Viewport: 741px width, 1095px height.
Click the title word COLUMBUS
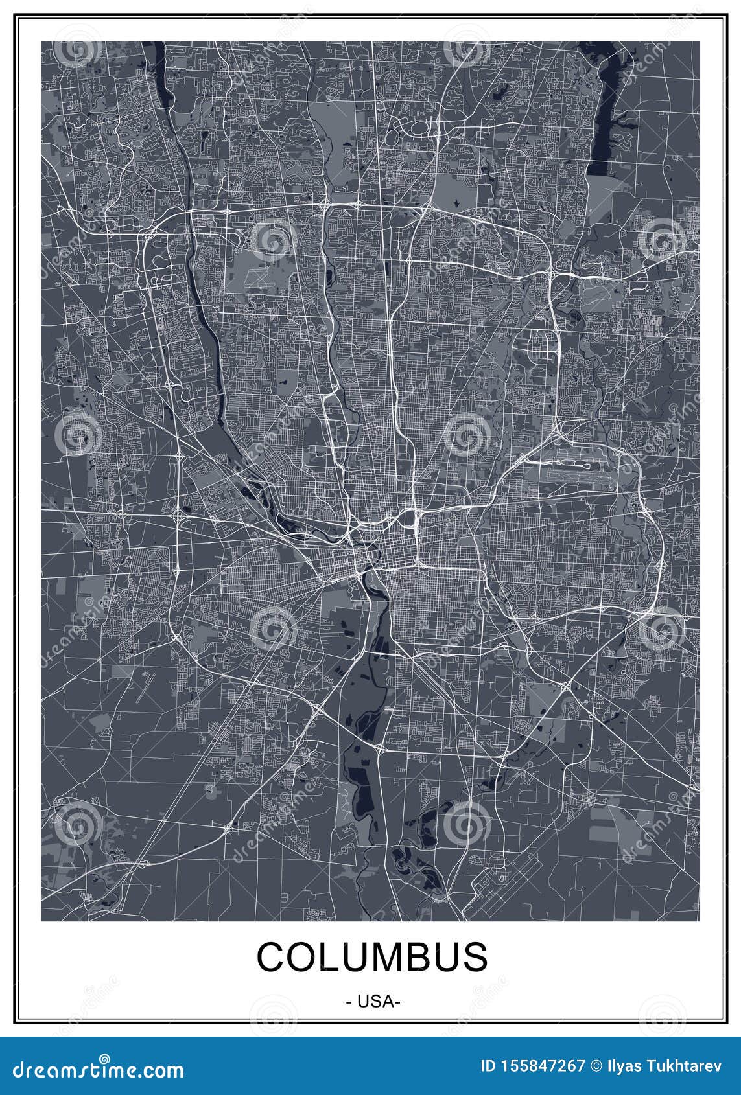coord(372,957)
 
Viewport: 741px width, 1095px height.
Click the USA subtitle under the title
coord(372,1001)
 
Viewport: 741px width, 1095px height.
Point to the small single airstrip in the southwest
coord(144,687)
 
